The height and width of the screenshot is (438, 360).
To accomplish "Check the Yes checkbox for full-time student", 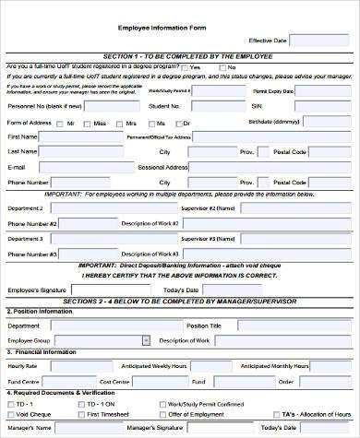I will coord(184,68).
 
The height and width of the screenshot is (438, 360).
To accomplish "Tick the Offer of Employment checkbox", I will coord(162,415).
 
